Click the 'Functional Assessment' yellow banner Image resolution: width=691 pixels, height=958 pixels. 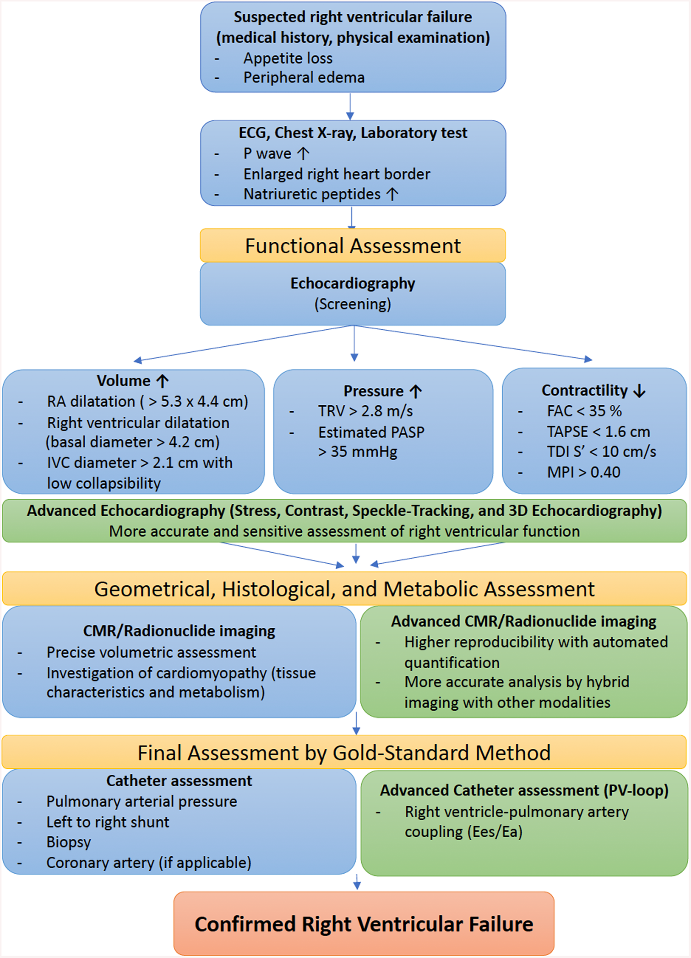pyautogui.click(x=352, y=246)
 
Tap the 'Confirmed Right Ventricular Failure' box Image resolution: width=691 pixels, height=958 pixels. pyautogui.click(x=364, y=924)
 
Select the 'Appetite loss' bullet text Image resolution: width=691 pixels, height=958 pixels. pyautogui.click(x=288, y=58)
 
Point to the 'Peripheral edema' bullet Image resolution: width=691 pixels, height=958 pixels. pyautogui.click(x=304, y=77)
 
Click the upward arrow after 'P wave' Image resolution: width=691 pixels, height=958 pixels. pyautogui.click(x=303, y=153)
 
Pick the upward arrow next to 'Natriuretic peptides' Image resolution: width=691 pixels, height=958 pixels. pyautogui.click(x=392, y=194)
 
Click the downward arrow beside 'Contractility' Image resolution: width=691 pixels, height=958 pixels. pyautogui.click(x=639, y=391)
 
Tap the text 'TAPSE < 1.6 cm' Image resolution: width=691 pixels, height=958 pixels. pyautogui.click(x=598, y=432)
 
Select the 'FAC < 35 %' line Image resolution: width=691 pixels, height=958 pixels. pyautogui.click(x=584, y=411)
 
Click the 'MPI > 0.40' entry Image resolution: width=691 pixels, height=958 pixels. pyautogui.click(x=583, y=472)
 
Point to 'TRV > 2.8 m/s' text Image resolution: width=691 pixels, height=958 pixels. pyautogui.click(x=365, y=411)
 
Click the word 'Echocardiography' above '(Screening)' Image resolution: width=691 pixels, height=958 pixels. pyautogui.click(x=352, y=283)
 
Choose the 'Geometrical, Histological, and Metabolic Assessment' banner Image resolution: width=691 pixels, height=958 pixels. pyautogui.click(x=344, y=589)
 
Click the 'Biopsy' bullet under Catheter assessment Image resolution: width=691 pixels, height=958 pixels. pyautogui.click(x=69, y=842)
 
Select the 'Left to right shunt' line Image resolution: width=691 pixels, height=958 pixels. pyautogui.click(x=108, y=822)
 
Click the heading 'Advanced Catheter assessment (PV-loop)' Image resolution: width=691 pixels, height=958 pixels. pyautogui.click(x=524, y=790)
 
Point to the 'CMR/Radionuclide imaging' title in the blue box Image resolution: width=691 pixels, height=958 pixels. pyautogui.click(x=179, y=631)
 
